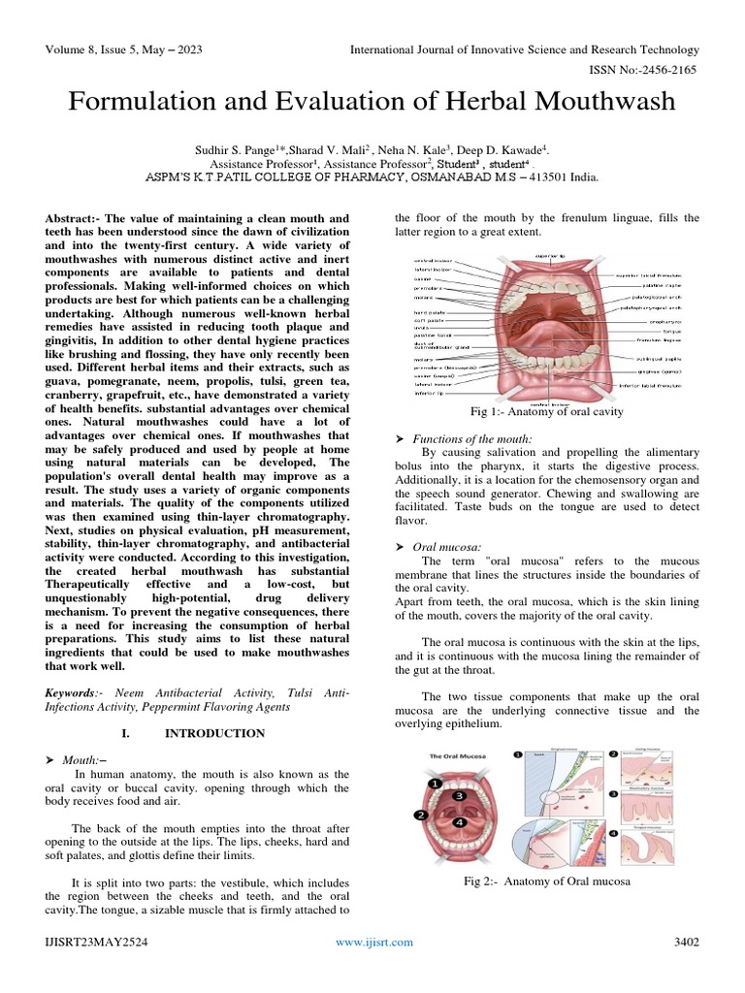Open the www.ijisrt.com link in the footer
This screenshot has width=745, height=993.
point(373,942)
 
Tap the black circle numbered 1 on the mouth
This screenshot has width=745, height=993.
point(437,781)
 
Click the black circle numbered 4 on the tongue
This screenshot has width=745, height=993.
point(460,821)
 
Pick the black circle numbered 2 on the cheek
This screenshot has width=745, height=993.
point(421,815)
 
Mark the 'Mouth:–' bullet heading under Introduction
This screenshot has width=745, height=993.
point(84,759)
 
